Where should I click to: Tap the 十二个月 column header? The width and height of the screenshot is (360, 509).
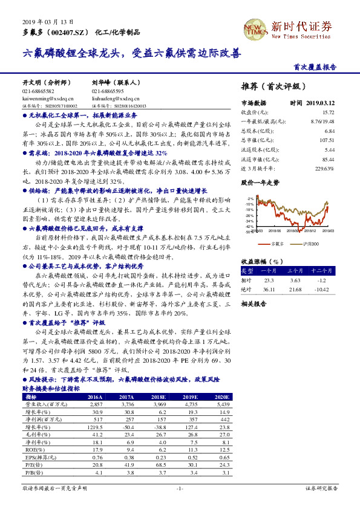click(x=321, y=270)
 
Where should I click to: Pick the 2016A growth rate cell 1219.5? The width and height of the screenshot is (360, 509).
click(x=96, y=425)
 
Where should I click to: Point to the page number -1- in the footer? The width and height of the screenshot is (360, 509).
click(x=180, y=488)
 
